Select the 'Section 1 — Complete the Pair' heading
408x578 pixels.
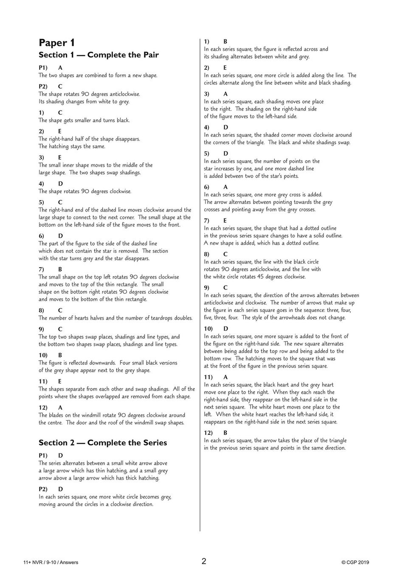click(98, 55)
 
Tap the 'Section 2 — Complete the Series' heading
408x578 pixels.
click(103, 443)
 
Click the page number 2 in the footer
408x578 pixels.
click(204, 561)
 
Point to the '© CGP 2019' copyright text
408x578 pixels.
click(355, 563)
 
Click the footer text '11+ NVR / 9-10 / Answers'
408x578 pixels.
click(51, 563)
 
